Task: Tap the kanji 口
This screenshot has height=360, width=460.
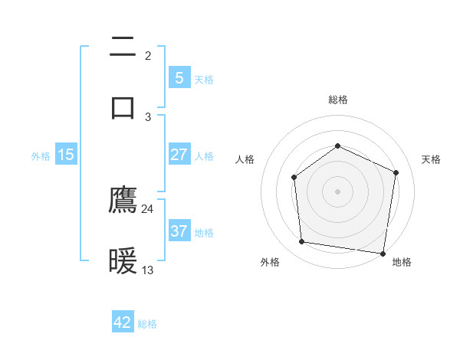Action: pos(123,106)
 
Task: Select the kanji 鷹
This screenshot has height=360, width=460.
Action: pos(123,200)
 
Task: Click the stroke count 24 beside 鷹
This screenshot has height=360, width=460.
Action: pos(148,208)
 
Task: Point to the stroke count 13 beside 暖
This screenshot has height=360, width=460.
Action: pos(148,270)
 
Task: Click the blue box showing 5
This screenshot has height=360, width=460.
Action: pos(179,77)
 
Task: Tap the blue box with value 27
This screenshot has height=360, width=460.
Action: pos(179,155)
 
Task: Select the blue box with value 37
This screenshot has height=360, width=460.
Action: pos(179,231)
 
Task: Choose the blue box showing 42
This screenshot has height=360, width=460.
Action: pos(123,322)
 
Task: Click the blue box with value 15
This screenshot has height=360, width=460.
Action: pos(66,155)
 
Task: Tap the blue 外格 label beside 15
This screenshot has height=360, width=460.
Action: pos(41,155)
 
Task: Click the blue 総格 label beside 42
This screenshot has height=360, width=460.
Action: pos(147,324)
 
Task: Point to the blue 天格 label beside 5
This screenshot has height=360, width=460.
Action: pos(204,79)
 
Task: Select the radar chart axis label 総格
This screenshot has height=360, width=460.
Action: pos(337,100)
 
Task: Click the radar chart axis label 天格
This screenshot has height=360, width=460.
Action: pos(432,159)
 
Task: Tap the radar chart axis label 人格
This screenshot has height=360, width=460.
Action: pos(245,159)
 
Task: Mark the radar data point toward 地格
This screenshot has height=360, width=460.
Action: pos(383,253)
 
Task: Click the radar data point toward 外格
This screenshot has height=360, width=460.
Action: pos(302,242)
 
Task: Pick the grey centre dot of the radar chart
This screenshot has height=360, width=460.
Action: pos(337,191)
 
